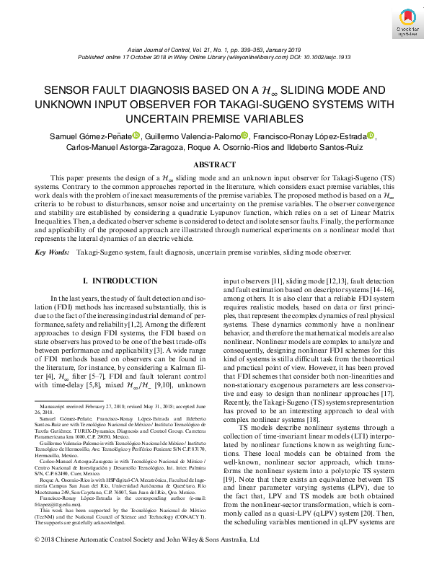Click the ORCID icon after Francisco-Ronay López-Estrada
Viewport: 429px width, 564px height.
tap(392, 136)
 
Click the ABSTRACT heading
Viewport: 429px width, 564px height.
tap(214, 164)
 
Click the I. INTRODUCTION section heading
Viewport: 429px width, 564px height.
tap(115, 280)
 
